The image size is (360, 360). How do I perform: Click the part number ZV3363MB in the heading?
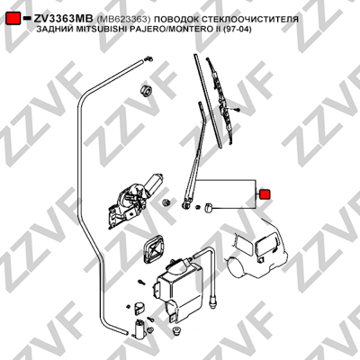63,19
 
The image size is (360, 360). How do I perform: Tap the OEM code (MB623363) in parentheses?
123,19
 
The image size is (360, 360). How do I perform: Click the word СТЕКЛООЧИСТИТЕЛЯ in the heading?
250,19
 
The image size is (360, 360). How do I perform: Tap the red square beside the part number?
13,19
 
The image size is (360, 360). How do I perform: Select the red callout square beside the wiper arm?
265,194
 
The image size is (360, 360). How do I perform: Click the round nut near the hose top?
146,91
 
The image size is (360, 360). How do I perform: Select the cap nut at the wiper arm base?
208,207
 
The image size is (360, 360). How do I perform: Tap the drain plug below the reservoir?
177,332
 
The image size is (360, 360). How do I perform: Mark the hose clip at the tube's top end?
148,58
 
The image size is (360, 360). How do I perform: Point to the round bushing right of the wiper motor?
166,202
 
